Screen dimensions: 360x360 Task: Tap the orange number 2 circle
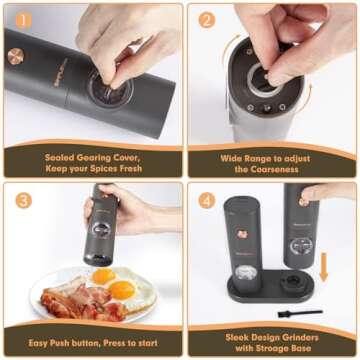pos(206,20)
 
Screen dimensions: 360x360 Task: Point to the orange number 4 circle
pos(206,199)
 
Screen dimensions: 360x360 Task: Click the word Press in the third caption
pos(110,341)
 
